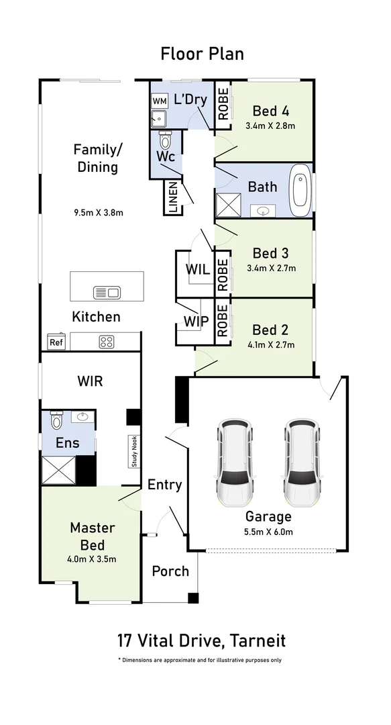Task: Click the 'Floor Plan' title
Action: pos(202,54)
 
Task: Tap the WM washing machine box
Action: pos(160,101)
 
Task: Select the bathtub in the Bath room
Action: pos(301,190)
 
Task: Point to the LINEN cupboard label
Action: pos(173,197)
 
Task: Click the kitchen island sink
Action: pos(107,292)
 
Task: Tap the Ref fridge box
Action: pos(56,342)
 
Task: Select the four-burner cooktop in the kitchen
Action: pos(107,342)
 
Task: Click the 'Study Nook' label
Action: pos(135,451)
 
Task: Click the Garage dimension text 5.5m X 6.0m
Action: pos(268,532)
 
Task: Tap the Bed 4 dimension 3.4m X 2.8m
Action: pos(271,126)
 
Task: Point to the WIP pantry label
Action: pos(197,322)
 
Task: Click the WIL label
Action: pos(198,269)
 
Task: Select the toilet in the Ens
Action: pos(56,420)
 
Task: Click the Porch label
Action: pos(170,571)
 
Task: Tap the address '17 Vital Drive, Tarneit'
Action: pos(201,641)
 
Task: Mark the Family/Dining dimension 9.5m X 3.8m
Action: pos(99,213)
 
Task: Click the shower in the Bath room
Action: pos(229,205)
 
